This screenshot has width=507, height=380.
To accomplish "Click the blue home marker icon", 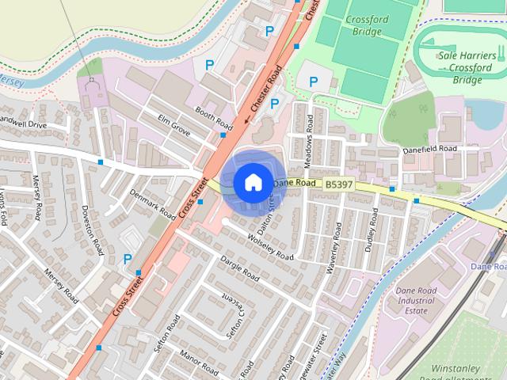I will tap(252, 182).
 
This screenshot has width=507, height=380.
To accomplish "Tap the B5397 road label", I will tap(338, 184).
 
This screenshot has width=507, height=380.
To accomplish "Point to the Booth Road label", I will tap(214, 120).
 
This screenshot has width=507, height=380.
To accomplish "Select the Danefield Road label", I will tap(430, 149).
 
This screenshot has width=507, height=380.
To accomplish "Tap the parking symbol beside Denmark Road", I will tap(128, 258).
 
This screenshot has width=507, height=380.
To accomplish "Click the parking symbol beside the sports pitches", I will tap(314, 81).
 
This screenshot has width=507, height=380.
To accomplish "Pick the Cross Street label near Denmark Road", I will tap(193, 201).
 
